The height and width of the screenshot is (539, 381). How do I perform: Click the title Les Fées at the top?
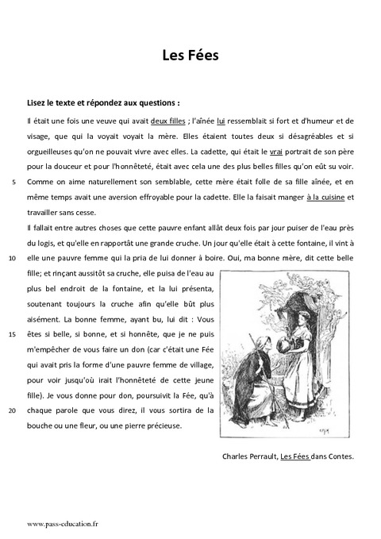click(x=190, y=56)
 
